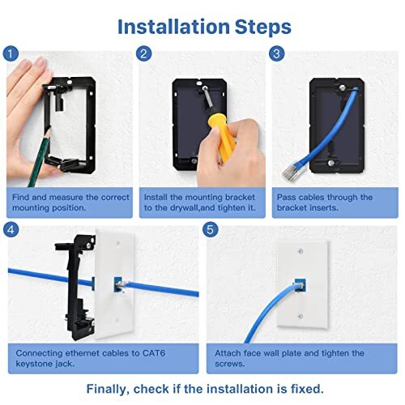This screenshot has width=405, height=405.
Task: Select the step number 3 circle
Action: pyautogui.click(x=276, y=54)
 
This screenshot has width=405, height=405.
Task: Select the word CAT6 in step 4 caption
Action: pyautogui.click(x=156, y=353)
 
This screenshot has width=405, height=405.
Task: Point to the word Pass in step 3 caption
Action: pyautogui.click(x=287, y=197)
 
